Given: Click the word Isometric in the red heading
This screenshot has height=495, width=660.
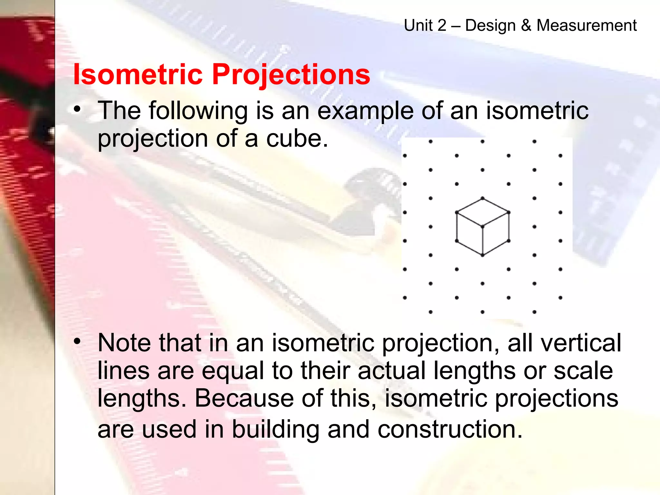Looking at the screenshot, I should point(138,74).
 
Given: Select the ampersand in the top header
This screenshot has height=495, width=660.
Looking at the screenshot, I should point(526,25).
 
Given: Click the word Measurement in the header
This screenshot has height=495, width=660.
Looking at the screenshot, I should point(587,25).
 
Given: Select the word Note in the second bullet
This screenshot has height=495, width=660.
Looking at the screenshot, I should point(124,343).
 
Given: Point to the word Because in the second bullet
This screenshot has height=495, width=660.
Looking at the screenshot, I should point(244,398).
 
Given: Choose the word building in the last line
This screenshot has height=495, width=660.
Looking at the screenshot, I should point(276,429).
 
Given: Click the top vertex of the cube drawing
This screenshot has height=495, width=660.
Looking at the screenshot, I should point(482,198).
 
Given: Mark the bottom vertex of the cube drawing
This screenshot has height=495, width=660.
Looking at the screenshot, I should point(482,255).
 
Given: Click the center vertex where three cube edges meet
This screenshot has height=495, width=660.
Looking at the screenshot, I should point(482,227).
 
